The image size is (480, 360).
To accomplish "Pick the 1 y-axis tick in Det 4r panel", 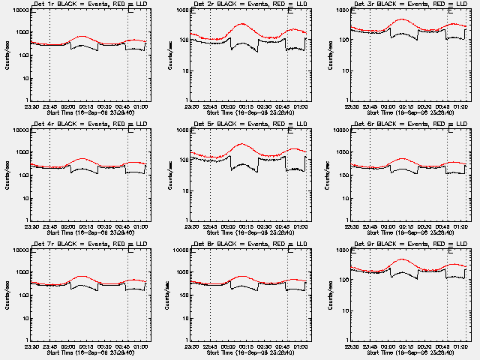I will tap(27, 220).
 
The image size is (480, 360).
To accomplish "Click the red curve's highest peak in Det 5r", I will tap(241, 143).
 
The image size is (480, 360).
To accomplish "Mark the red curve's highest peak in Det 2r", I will tap(242, 24).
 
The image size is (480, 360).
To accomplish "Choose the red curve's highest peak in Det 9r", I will tap(403, 259).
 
